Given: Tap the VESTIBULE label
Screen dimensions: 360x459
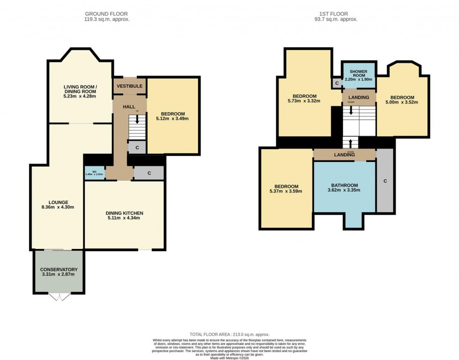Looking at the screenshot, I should pyautogui.click(x=130, y=86).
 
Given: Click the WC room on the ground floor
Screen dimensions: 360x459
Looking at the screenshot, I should pyautogui.click(x=94, y=173).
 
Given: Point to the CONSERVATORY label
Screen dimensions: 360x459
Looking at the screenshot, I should pyautogui.click(x=59, y=270).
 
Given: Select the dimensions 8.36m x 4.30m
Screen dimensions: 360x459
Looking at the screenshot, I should pyautogui.click(x=57, y=206).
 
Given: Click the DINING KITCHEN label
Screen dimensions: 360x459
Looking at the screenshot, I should pyautogui.click(x=124, y=213).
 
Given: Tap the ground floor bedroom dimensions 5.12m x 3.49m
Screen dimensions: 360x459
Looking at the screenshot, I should pyautogui.click(x=173, y=118).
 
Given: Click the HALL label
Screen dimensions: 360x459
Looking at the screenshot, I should pyautogui.click(x=129, y=107).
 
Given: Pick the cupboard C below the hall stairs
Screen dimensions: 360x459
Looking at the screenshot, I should pyautogui.click(x=137, y=147).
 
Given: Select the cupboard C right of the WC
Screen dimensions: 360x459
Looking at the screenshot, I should pyautogui.click(x=149, y=173).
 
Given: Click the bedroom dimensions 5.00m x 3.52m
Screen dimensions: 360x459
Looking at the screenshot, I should pyautogui.click(x=402, y=102).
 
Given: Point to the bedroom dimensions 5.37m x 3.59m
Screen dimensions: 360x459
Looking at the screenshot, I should pyautogui.click(x=286, y=191).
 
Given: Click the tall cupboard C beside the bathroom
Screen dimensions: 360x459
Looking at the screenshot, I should pyautogui.click(x=385, y=181).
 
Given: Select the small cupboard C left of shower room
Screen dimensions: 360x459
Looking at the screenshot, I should pyautogui.click(x=337, y=83).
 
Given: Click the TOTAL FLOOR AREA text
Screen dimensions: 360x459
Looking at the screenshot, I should pyautogui.click(x=229, y=334).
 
